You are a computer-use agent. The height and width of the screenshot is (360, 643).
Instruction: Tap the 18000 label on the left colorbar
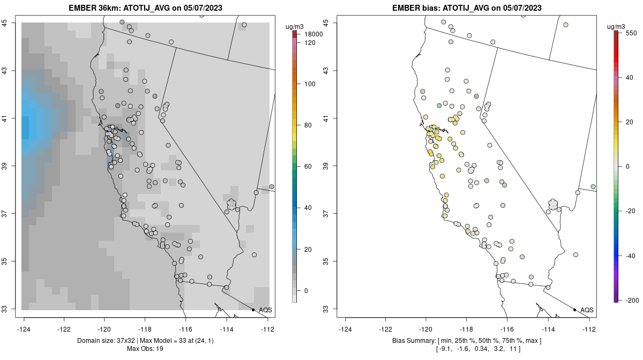tap(313, 34)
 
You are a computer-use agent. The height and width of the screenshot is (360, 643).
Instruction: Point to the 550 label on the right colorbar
tap(631, 33)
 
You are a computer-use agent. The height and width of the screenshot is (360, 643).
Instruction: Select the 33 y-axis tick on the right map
tap(328, 309)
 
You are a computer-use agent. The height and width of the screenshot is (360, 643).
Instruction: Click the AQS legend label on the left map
tap(266, 310)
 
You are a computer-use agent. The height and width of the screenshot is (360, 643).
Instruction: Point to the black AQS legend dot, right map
tap(574, 310)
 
